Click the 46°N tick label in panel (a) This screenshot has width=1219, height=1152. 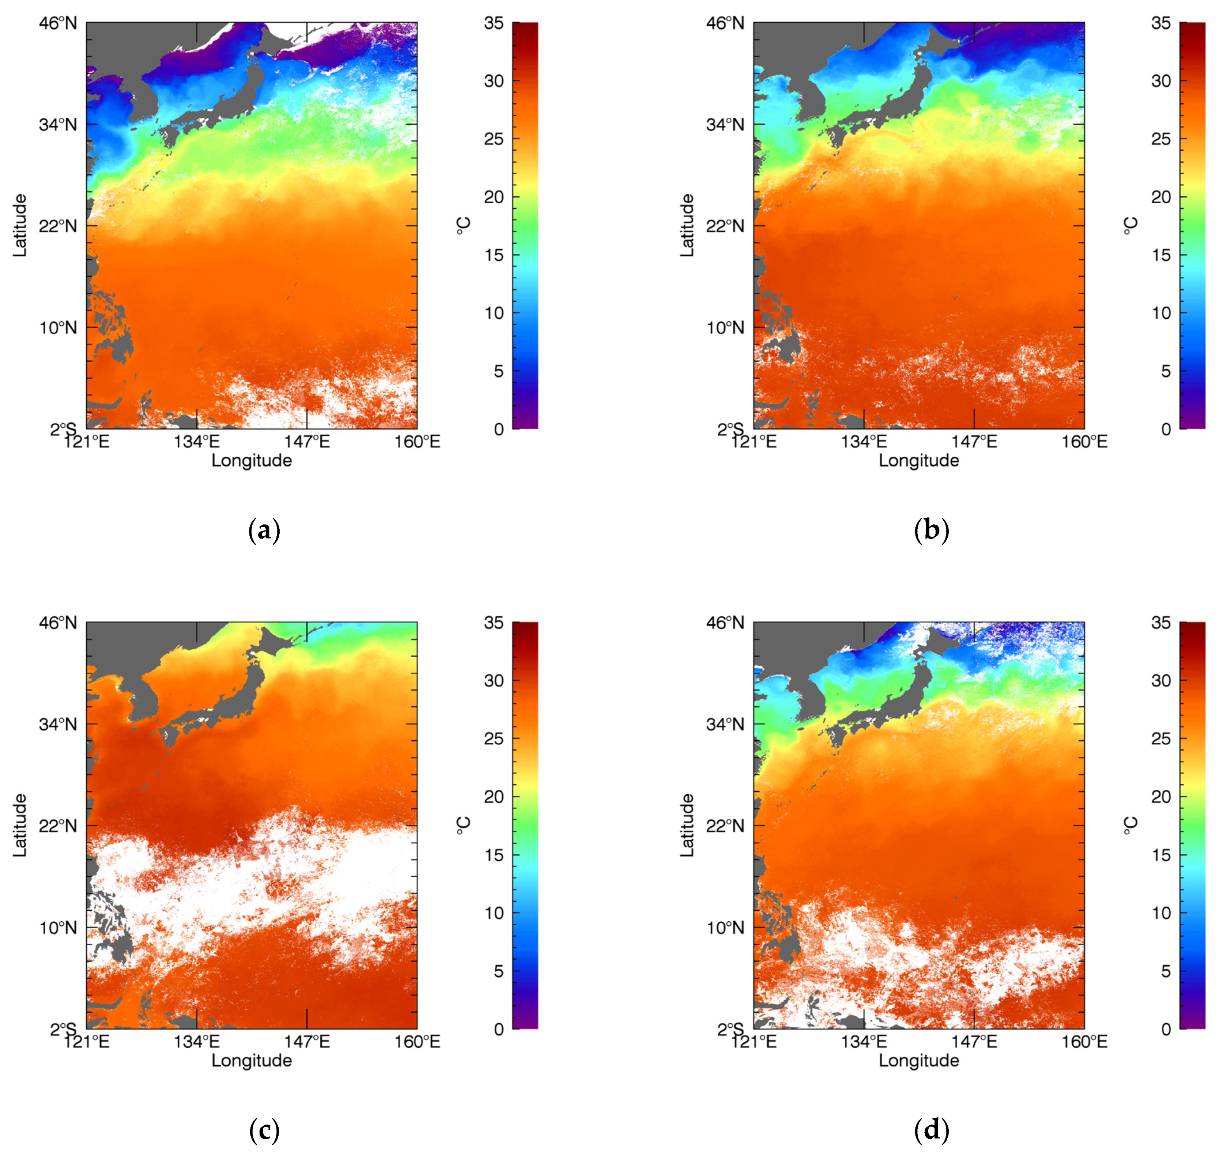[59, 23]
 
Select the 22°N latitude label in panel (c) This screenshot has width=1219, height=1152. [59, 826]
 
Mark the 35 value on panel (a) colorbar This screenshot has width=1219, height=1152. [493, 23]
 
